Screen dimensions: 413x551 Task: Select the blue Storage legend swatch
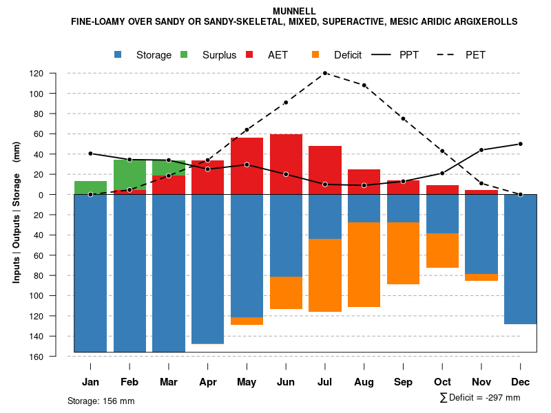118,54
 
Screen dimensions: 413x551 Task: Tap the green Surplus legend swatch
184,54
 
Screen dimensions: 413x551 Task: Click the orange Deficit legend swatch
315,54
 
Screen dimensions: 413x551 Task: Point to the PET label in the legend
475,55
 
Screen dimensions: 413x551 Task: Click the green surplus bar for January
90,187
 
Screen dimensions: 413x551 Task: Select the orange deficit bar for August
364,264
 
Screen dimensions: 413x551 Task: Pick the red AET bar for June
286,165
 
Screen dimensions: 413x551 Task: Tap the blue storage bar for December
520,259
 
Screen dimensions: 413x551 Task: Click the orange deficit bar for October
442,251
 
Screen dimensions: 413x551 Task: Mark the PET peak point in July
325,73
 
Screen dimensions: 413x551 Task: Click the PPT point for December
521,144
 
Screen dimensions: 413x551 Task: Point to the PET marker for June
286,103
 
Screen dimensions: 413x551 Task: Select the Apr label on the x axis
208,382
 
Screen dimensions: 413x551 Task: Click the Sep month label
403,382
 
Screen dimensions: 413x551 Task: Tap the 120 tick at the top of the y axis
56,74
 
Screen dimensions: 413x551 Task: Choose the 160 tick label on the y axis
56,357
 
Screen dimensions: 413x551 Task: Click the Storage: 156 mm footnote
101,401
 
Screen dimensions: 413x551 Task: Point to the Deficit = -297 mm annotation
480,398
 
